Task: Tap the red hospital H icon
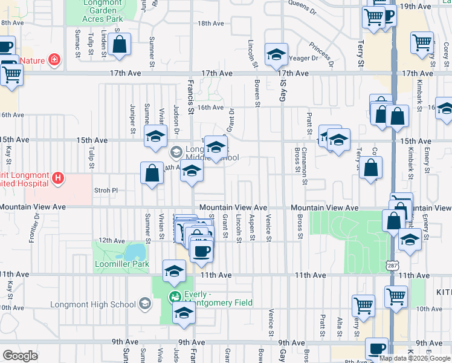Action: click(x=57, y=178)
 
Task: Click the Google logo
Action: click(x=20, y=356)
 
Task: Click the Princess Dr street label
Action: click(x=321, y=53)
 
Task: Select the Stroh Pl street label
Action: click(x=105, y=189)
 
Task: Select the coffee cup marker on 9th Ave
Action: click(x=378, y=348)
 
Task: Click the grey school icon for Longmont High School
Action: click(x=144, y=303)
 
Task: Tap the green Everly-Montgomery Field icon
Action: click(x=175, y=296)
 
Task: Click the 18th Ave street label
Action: click(x=211, y=24)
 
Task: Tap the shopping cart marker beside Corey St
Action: click(x=422, y=43)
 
